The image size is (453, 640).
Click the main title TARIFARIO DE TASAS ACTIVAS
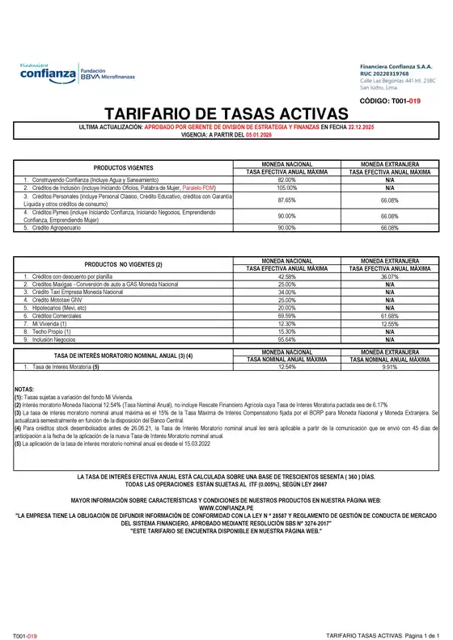click(x=226, y=114)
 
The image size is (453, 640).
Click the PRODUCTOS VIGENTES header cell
click(x=123, y=167)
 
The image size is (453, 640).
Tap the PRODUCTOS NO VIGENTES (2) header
click(x=123, y=264)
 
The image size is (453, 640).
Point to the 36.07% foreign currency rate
click(x=390, y=276)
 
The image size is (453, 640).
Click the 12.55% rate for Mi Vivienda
click(x=390, y=323)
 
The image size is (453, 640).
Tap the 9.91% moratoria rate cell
click(x=390, y=366)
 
